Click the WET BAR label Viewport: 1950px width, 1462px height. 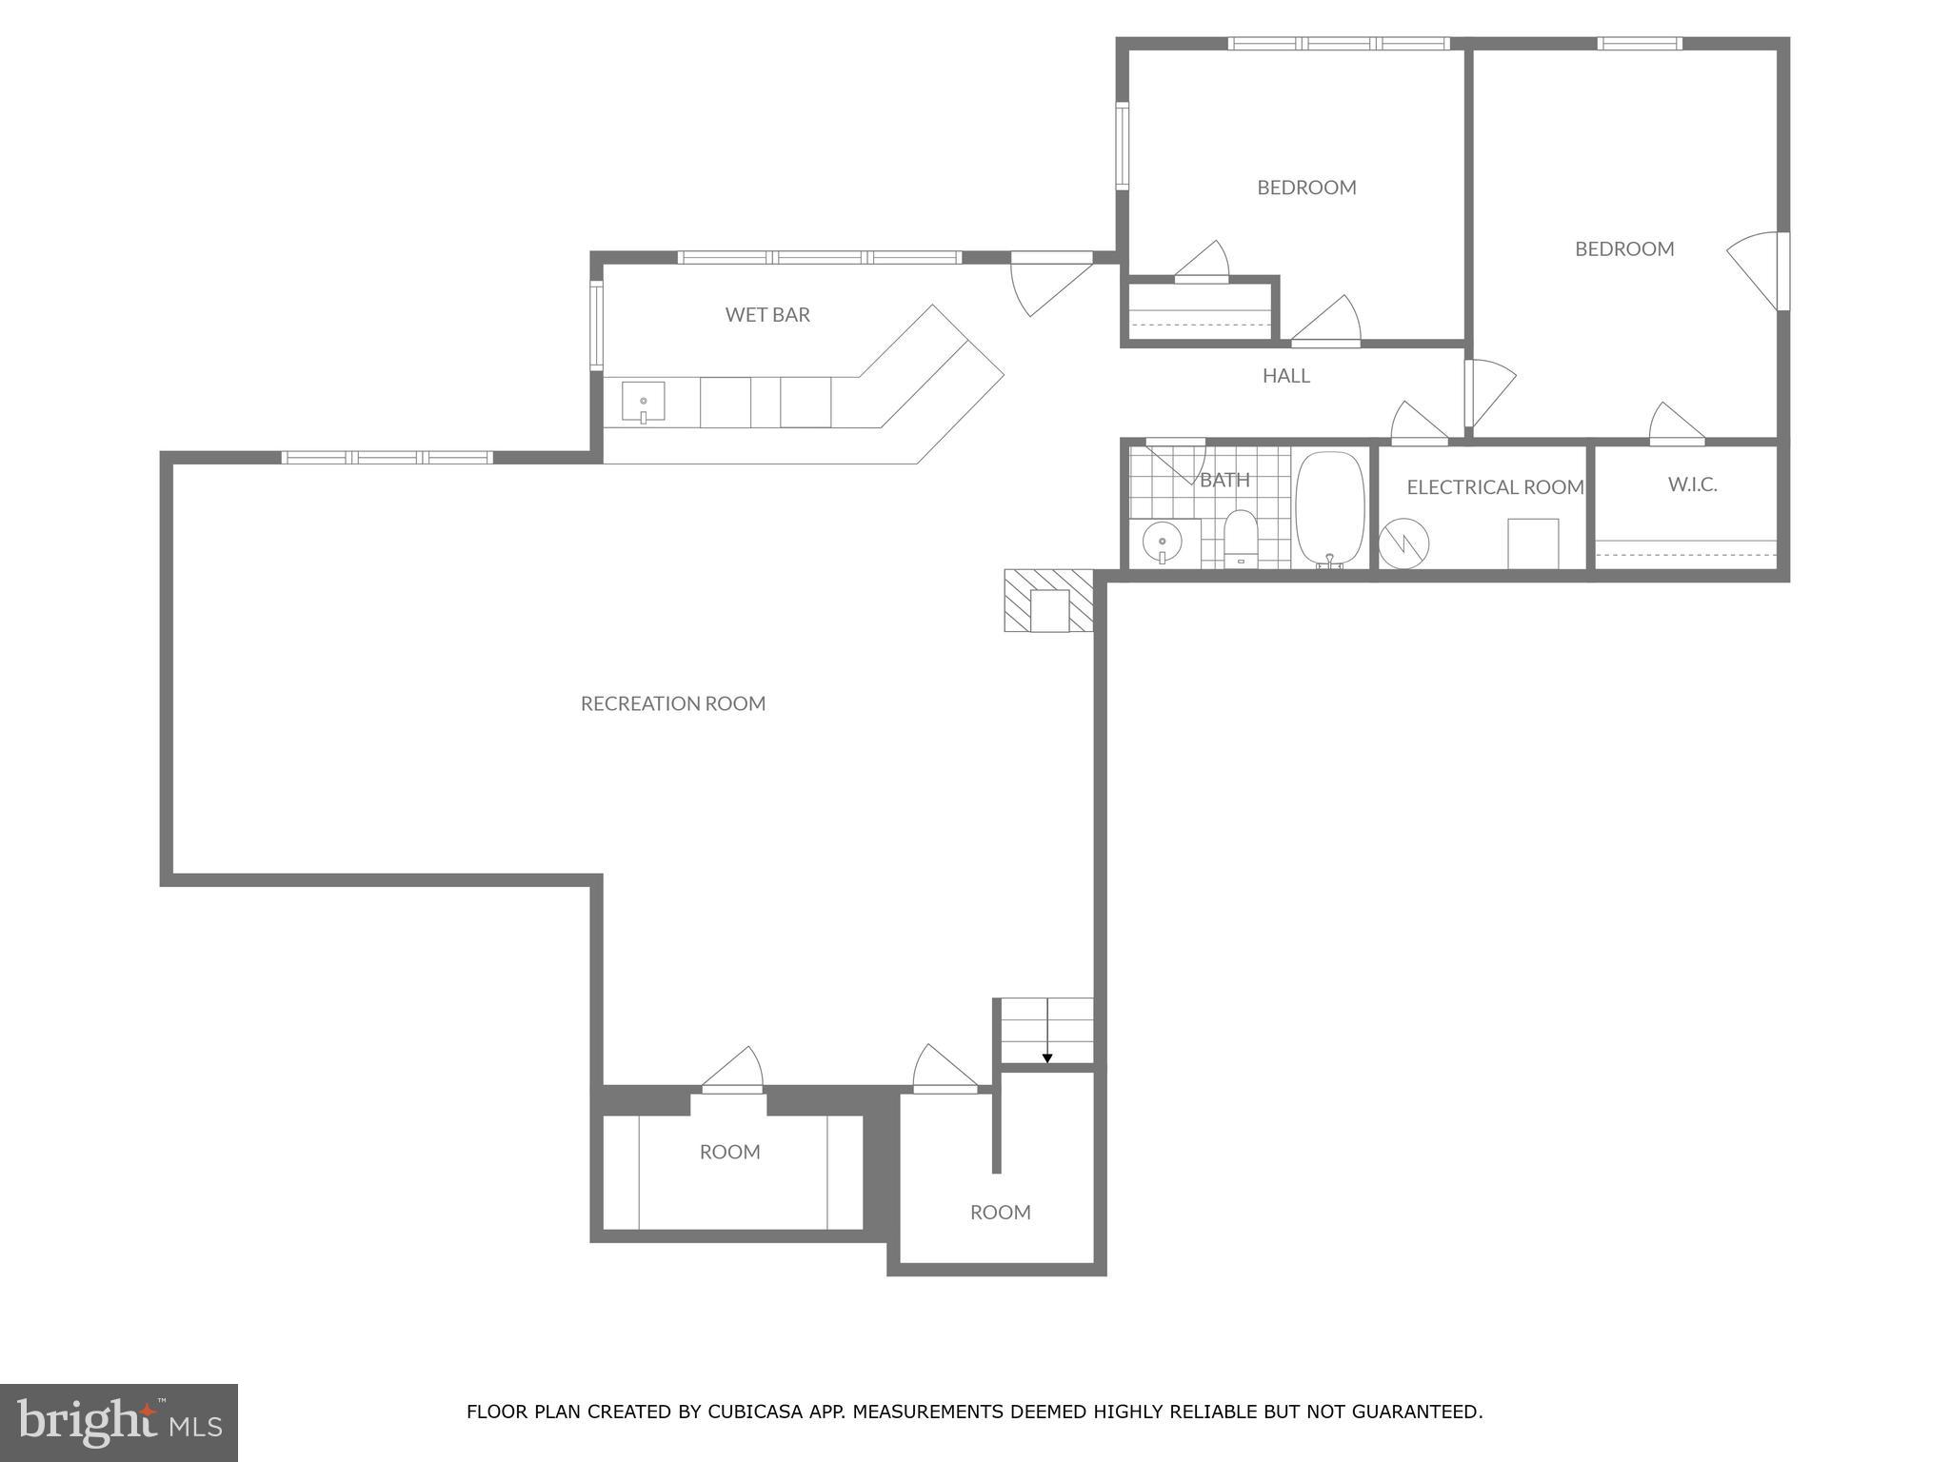tap(767, 315)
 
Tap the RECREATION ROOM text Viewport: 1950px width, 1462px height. tap(673, 703)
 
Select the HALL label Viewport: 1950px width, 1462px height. tap(1285, 376)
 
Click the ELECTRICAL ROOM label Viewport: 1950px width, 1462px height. tap(1495, 487)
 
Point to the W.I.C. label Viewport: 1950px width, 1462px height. tap(1692, 484)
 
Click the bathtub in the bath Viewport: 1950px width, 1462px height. tap(1330, 509)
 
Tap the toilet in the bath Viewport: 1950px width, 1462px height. tap(1241, 539)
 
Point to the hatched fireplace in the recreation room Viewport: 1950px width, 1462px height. tap(1049, 601)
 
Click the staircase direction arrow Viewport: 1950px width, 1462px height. tap(1047, 1057)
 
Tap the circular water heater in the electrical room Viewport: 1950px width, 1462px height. tap(1403, 543)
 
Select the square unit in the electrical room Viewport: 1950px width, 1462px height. tap(1533, 543)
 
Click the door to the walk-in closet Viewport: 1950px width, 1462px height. tap(1676, 425)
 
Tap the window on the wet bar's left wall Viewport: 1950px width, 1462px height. tap(597, 326)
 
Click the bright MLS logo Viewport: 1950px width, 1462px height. tap(119, 1422)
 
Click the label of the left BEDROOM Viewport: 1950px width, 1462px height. tap(1306, 188)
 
